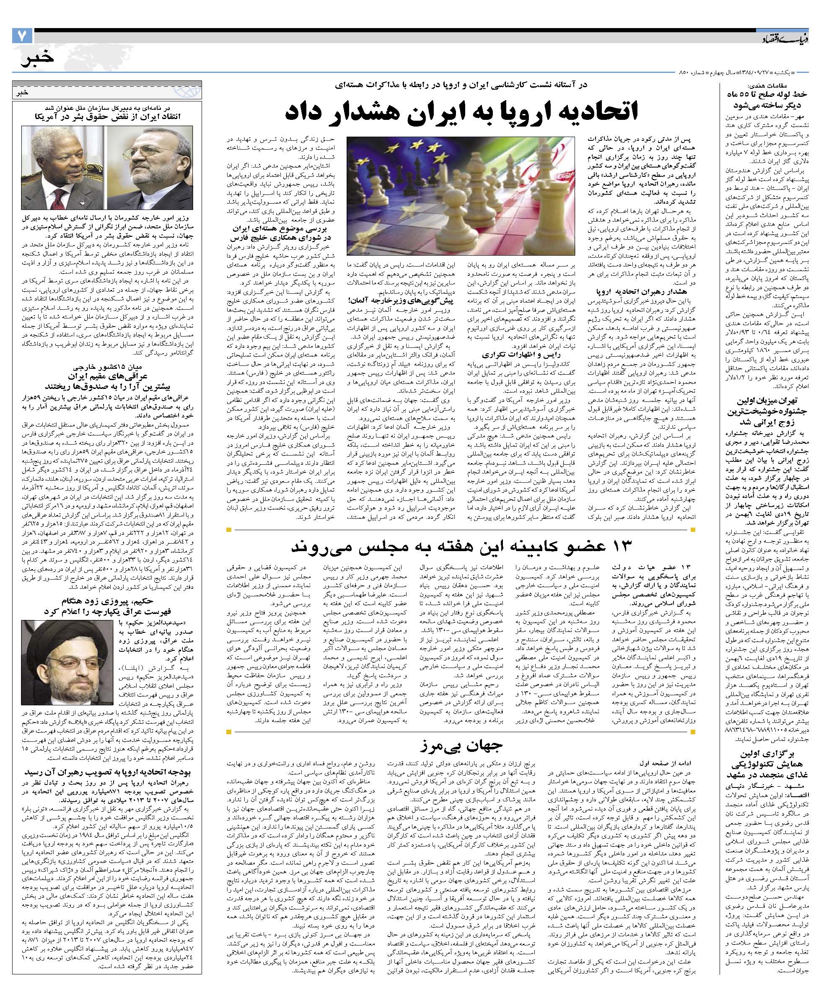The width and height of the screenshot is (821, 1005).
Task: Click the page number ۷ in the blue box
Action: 22,36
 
